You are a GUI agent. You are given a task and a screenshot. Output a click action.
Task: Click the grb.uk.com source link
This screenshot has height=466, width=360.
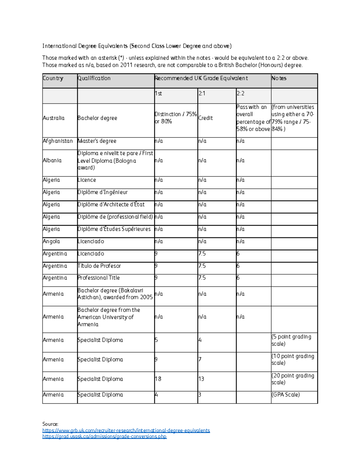(x=126, y=430)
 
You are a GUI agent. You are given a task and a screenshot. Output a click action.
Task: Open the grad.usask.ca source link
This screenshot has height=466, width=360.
(x=104, y=436)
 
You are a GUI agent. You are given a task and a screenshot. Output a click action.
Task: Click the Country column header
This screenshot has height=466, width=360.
(x=53, y=78)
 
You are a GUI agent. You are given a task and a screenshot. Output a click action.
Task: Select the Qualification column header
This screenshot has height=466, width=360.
(x=94, y=78)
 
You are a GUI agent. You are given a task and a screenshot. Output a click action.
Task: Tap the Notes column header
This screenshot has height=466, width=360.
(x=279, y=78)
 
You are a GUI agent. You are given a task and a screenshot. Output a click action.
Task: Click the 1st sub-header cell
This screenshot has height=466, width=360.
(x=158, y=94)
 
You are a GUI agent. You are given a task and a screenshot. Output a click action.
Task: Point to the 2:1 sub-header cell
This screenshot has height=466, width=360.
(x=202, y=94)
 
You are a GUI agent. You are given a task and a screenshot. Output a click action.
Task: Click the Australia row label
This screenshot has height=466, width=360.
(x=54, y=118)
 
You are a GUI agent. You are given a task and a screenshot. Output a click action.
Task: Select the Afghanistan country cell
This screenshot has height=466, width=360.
(x=58, y=141)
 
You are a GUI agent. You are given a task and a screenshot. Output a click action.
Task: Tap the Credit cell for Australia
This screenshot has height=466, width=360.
(x=205, y=118)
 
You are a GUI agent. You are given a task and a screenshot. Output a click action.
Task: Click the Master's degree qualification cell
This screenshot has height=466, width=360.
(x=97, y=141)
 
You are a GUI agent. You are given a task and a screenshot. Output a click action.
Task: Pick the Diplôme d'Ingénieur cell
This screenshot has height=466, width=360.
(x=103, y=192)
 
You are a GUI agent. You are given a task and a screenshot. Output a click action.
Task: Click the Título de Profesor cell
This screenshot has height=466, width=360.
(x=99, y=266)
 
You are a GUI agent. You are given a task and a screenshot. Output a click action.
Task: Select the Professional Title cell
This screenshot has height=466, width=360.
(x=99, y=278)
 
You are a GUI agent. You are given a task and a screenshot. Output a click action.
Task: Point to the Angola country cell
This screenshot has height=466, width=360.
(x=51, y=242)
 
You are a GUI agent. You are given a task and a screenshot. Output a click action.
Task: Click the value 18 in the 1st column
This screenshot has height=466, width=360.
(x=158, y=379)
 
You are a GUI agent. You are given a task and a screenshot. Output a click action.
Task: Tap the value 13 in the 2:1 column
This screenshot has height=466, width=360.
(x=201, y=379)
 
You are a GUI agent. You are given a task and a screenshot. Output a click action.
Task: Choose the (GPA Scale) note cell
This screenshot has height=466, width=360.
(x=286, y=395)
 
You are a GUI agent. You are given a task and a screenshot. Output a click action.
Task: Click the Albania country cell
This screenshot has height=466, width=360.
(x=52, y=161)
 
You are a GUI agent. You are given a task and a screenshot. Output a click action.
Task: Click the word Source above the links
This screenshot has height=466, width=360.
(x=50, y=424)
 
